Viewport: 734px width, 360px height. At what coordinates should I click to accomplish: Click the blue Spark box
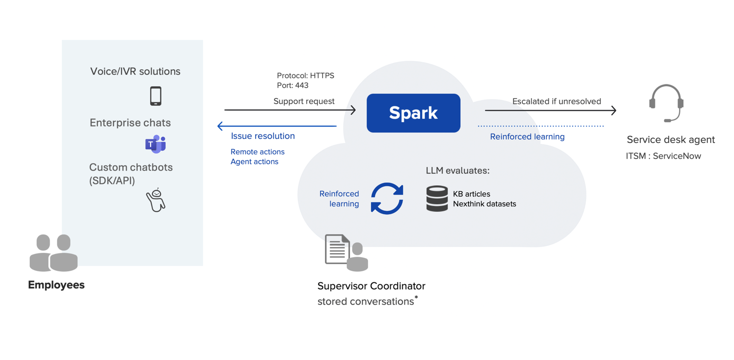[413, 113]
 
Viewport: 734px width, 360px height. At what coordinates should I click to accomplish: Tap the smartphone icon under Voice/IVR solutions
[155, 96]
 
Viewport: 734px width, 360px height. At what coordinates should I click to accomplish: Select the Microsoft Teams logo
[155, 144]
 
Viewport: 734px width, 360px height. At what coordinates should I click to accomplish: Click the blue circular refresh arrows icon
[387, 199]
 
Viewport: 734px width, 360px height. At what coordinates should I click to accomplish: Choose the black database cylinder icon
[437, 199]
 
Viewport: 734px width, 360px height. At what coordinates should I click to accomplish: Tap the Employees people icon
[54, 253]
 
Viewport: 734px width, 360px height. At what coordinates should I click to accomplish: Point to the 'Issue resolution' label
[263, 136]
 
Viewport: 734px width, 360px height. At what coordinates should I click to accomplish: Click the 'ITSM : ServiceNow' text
[663, 155]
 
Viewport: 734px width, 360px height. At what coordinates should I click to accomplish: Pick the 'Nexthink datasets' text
[484, 204]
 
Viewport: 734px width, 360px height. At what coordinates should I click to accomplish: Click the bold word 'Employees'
[56, 285]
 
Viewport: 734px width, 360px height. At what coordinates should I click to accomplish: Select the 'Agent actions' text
[254, 162]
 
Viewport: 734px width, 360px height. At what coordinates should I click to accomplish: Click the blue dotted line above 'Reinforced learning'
[540, 126]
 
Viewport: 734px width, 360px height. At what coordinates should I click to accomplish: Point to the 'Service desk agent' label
[671, 140]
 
